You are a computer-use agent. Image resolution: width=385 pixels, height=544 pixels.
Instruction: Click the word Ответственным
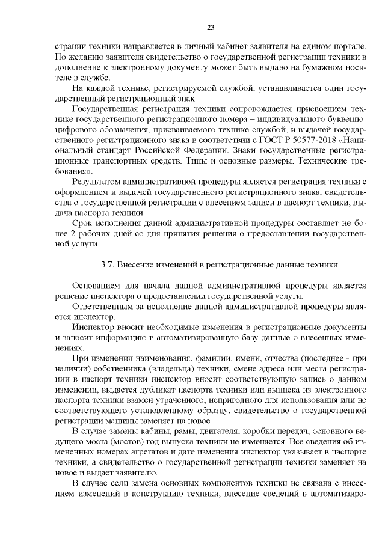[101, 306]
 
